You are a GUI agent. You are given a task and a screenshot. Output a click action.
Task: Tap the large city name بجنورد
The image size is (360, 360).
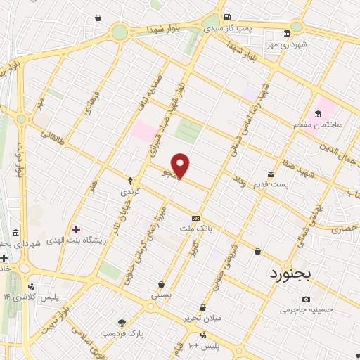[x=288, y=273]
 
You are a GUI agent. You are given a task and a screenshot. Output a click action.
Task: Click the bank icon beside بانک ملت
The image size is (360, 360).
[x=196, y=218]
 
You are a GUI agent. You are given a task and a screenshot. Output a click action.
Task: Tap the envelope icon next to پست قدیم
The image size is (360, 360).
[x=271, y=174]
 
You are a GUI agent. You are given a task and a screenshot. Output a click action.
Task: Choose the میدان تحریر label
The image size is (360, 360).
[x=203, y=318]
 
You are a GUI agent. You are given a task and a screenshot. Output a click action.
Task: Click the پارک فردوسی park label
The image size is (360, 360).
[x=116, y=333]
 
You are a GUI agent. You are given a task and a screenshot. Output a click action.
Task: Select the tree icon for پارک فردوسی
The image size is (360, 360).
[x=122, y=322]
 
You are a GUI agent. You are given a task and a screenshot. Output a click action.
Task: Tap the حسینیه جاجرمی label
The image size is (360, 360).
[x=304, y=309]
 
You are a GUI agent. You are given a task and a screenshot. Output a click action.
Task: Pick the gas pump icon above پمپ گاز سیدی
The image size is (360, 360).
[x=226, y=18]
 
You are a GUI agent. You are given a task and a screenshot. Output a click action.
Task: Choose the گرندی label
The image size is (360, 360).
[x=131, y=191]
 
